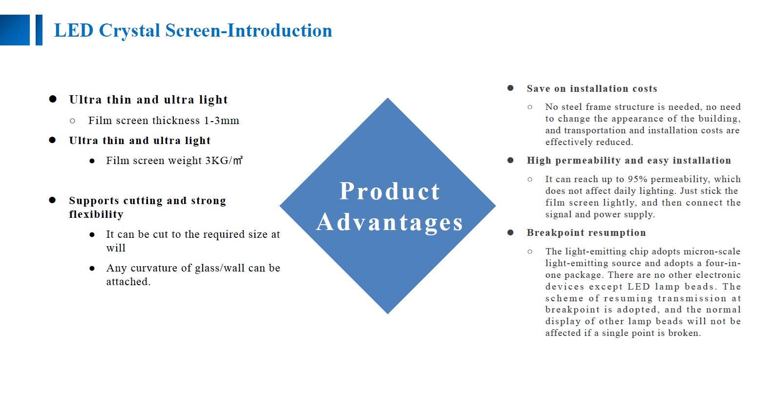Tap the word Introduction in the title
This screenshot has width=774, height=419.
pyautogui.click(x=279, y=30)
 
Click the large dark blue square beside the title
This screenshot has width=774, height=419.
pyautogui.click(x=15, y=30)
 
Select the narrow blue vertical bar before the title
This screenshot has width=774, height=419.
pyautogui.click(x=39, y=30)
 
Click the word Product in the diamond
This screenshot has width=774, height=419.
pyautogui.click(x=389, y=191)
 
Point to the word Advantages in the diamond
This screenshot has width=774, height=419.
pyautogui.click(x=389, y=222)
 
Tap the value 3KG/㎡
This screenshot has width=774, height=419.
pyautogui.click(x=224, y=161)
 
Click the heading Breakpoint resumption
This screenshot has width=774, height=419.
pyautogui.click(x=586, y=232)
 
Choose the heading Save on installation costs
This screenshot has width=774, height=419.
pyautogui.click(x=592, y=88)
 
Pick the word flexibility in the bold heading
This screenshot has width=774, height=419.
pyautogui.click(x=96, y=214)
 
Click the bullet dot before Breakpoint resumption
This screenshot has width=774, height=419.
pyautogui.click(x=510, y=232)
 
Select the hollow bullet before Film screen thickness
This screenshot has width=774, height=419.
pyautogui.click(x=72, y=121)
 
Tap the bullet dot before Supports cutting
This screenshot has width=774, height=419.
pyautogui.click(x=52, y=200)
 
